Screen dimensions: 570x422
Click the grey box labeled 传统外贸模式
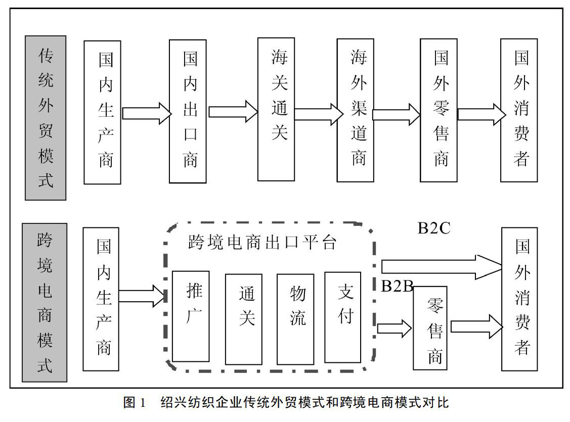coord(46,118)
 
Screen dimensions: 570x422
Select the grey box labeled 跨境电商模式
coord(45,303)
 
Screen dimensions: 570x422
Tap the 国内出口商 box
coord(188,111)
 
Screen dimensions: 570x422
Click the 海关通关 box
coord(276,109)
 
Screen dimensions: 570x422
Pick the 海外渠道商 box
coord(355,110)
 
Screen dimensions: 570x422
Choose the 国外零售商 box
coord(439,110)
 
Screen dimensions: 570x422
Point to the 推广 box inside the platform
coord(191,316)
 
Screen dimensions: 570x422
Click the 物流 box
coord(295,319)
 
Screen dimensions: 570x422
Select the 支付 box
coord(342,317)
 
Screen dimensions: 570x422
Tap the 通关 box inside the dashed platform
coord(244,319)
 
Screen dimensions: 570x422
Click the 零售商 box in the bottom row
coord(430,328)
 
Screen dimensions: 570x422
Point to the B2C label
coord(434,228)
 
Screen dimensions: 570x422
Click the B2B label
coord(397,287)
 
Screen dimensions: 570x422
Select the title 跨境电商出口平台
coord(262,242)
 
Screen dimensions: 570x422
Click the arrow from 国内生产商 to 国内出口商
coord(147,113)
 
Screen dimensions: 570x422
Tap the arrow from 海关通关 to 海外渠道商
coord(319,114)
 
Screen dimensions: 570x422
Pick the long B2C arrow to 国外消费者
coord(442,267)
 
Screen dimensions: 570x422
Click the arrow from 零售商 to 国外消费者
coord(476,326)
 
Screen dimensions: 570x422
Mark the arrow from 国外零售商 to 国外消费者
coord(481,114)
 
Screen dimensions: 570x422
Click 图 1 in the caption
coord(135,402)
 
